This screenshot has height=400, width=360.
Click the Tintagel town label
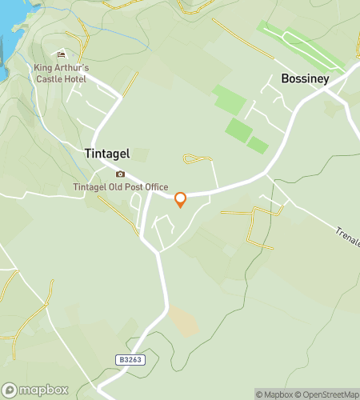(x=107, y=154)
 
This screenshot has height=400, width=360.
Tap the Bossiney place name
(x=305, y=79)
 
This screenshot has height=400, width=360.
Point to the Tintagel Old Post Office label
(x=121, y=187)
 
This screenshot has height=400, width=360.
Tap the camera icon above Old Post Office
(x=121, y=174)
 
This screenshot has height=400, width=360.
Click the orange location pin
(x=180, y=200)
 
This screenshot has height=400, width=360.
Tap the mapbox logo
(x=34, y=390)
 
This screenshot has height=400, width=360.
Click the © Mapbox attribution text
(x=274, y=394)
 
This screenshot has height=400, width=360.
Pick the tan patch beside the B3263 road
(x=183, y=322)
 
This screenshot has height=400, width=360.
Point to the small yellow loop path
(x=195, y=159)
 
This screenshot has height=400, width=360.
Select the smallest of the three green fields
(x=258, y=145)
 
